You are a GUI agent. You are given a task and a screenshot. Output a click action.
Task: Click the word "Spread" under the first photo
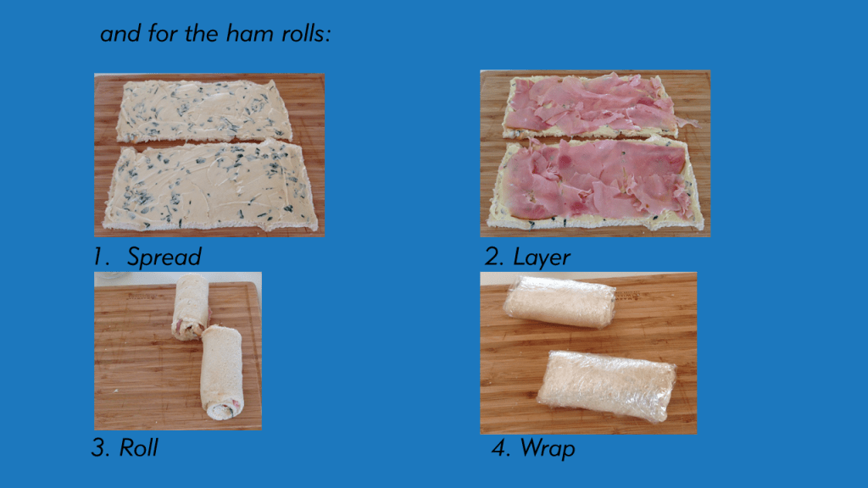click(164, 257)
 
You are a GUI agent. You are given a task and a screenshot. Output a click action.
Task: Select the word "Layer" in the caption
click(542, 257)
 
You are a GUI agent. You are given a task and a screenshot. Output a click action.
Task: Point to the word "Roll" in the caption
click(138, 447)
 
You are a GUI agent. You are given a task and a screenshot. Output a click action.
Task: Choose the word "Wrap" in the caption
click(547, 447)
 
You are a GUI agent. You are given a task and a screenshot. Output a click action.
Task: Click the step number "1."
click(103, 257)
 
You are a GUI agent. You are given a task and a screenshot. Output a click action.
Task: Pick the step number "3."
click(101, 447)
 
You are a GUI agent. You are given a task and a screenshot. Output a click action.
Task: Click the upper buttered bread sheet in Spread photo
click(203, 110)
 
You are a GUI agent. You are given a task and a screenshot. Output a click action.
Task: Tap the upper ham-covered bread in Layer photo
click(589, 104)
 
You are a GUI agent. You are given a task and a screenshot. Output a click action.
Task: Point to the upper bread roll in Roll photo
click(191, 306)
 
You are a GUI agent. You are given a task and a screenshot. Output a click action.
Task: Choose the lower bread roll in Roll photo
click(221, 369)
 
